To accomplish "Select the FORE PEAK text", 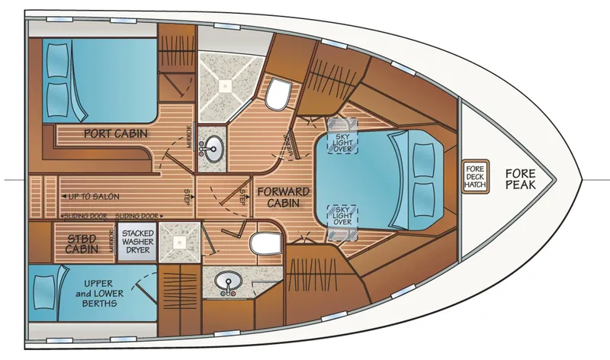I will [x=521, y=178].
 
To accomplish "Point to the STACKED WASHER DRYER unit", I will [x=137, y=243].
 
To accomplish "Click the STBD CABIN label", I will [x=81, y=242].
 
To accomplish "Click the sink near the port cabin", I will [x=214, y=147].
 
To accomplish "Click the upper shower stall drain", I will [x=226, y=87].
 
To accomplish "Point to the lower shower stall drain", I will [x=179, y=242].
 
